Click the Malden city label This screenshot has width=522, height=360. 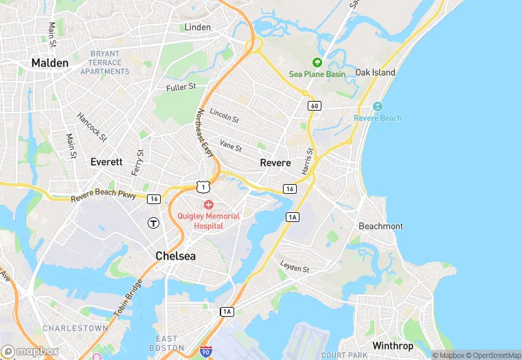(x=50, y=63)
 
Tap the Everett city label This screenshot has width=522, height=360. (x=106, y=162)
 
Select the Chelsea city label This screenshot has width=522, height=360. (x=175, y=256)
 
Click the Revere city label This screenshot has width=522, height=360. (x=275, y=163)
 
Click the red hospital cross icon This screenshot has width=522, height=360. (x=208, y=205)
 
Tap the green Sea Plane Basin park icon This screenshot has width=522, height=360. (x=317, y=63)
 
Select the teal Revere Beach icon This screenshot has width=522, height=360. (x=377, y=106)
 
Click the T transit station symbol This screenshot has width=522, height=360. (x=154, y=223)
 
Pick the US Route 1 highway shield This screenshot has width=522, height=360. (x=201, y=186)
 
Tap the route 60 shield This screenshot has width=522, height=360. (x=315, y=106)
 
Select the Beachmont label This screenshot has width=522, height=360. (x=381, y=226)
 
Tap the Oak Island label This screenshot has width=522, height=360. (x=375, y=73)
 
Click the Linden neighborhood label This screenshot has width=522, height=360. (x=198, y=27)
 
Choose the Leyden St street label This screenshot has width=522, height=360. (x=295, y=266)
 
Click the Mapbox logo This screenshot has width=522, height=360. (x=31, y=351)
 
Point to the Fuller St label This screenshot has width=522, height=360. (x=181, y=87)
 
